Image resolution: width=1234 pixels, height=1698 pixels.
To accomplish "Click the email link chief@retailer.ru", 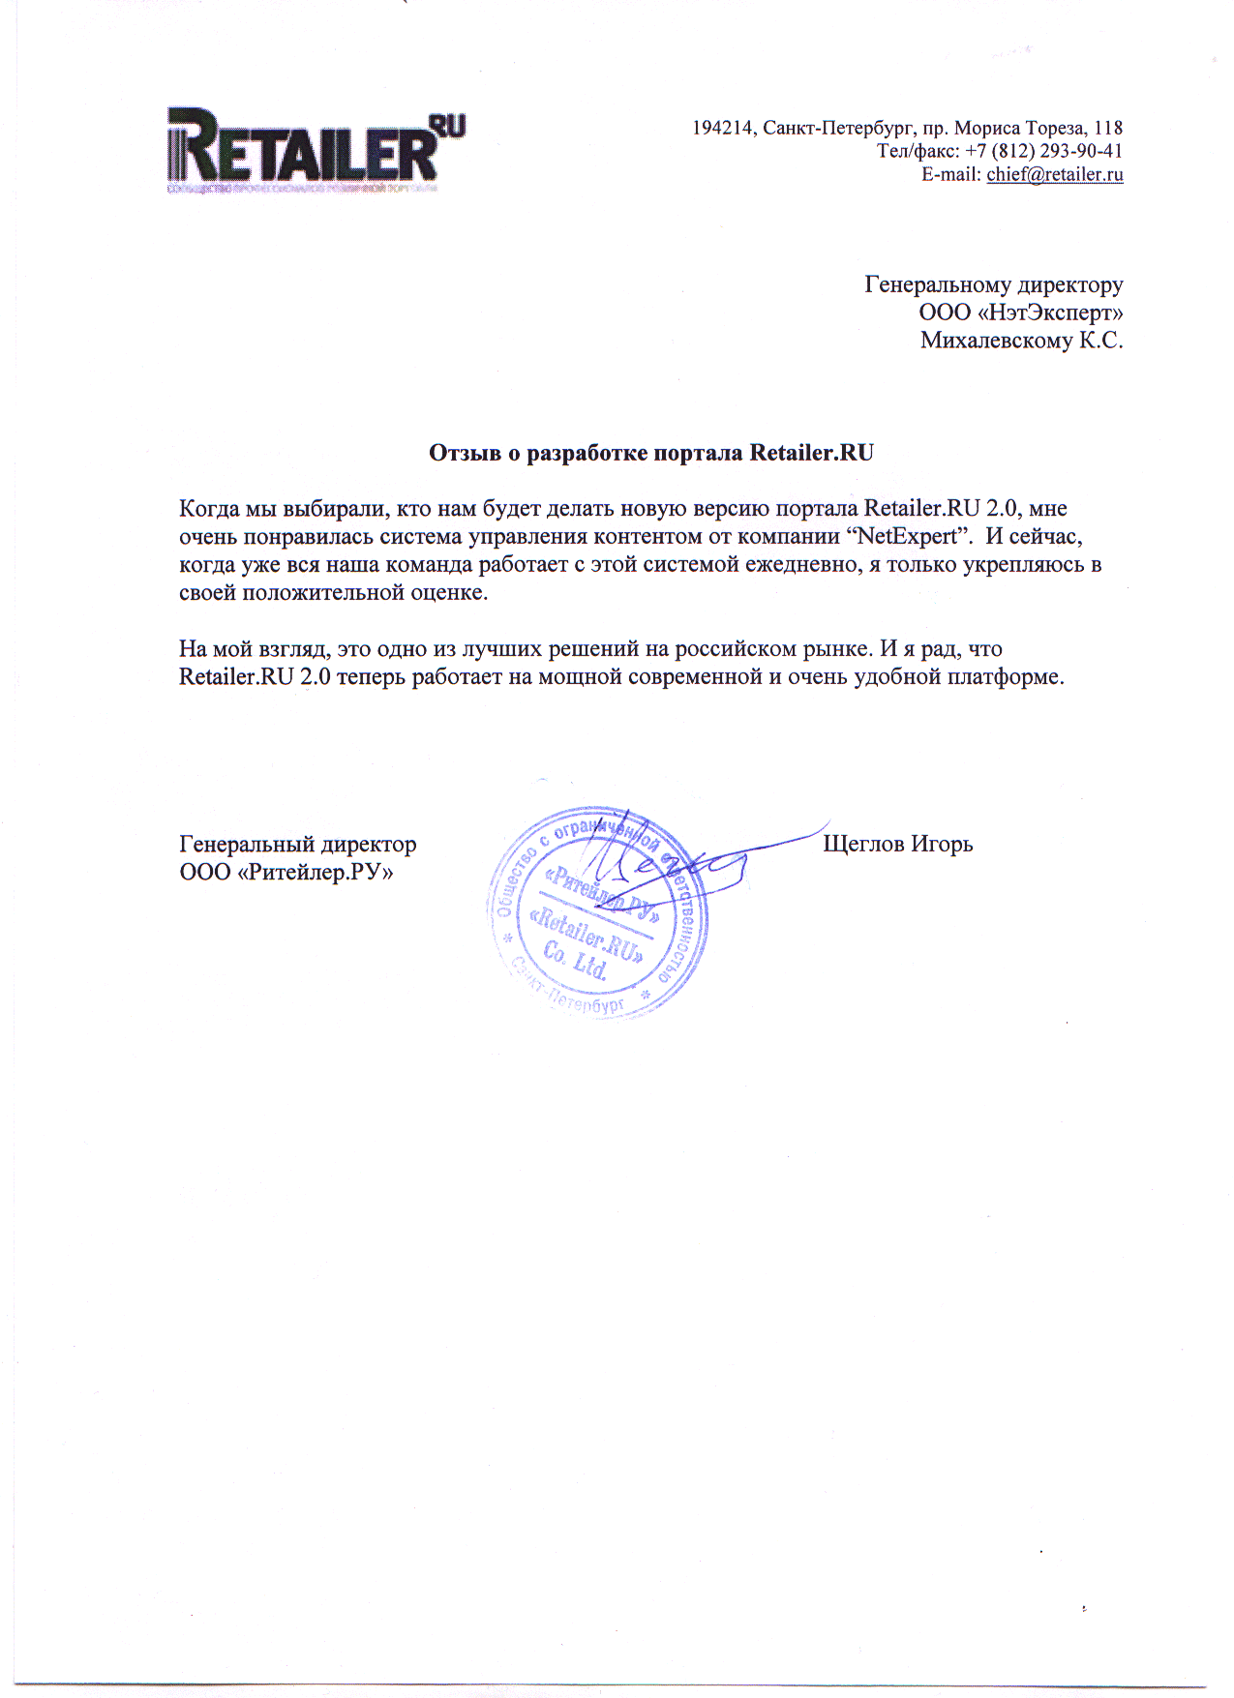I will [x=1054, y=175].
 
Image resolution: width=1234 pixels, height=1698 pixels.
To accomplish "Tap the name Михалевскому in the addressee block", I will [x=996, y=341].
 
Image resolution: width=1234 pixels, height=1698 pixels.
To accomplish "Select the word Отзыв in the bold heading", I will [x=464, y=453].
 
